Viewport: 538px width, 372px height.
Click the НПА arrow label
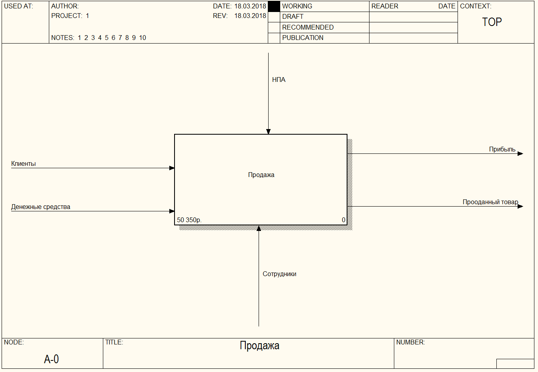tap(279, 80)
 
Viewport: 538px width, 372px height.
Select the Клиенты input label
tap(23, 164)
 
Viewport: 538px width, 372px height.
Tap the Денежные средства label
tap(40, 207)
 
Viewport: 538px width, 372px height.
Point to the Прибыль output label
tap(502, 149)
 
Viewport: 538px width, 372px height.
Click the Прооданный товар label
tap(490, 202)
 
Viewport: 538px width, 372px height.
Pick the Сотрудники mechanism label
tap(279, 274)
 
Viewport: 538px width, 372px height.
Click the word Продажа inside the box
tap(261, 175)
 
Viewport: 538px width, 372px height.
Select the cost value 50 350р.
tap(189, 220)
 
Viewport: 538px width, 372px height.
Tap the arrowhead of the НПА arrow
tap(268, 131)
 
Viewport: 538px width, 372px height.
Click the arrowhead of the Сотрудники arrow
tap(259, 228)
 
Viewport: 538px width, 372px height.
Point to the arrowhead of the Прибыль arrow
tap(520, 154)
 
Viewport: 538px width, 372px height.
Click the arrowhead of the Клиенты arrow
tap(172, 168)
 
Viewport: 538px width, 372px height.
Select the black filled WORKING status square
tap(274, 6)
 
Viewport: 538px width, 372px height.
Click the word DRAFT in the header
tap(293, 17)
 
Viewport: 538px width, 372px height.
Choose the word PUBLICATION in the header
tap(303, 38)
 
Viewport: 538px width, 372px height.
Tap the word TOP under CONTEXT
tap(492, 22)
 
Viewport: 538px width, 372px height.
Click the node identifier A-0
tap(51, 359)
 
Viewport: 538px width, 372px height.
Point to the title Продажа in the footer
tap(259, 346)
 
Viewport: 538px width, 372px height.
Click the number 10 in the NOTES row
tap(143, 38)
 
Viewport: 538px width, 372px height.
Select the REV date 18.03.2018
tap(250, 16)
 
